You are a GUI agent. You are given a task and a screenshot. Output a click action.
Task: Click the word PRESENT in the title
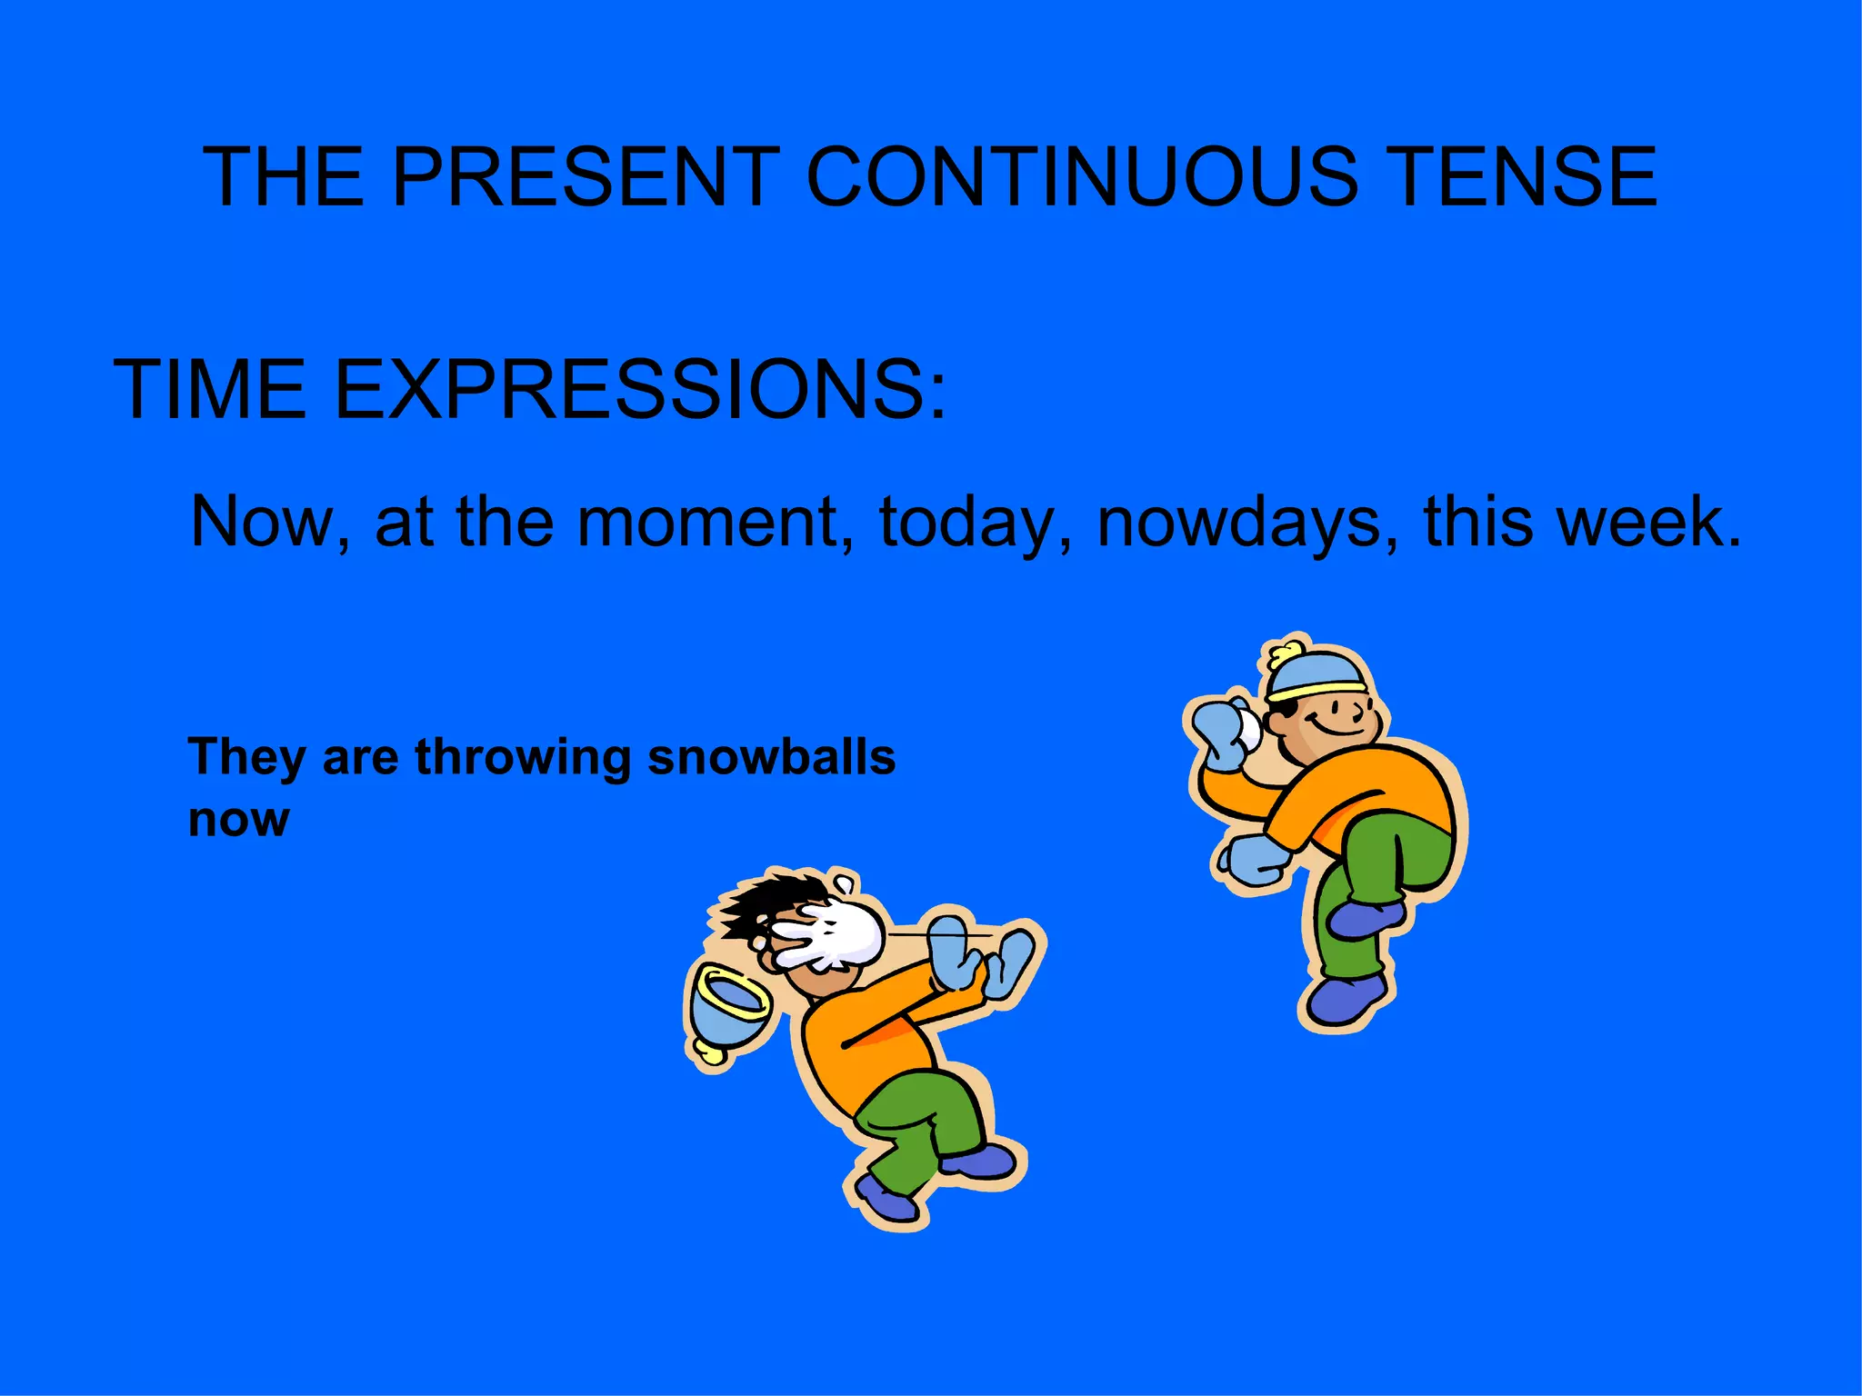586,176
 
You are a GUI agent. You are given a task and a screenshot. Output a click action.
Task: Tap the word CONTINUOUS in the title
1082,176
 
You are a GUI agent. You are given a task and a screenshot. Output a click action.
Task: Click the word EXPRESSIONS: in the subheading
640,390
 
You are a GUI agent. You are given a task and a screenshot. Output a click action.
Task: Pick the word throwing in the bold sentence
523,757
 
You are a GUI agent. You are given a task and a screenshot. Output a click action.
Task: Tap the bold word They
246,757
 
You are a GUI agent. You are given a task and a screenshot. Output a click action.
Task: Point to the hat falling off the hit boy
727,1009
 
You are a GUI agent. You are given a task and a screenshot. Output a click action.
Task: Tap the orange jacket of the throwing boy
1364,791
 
